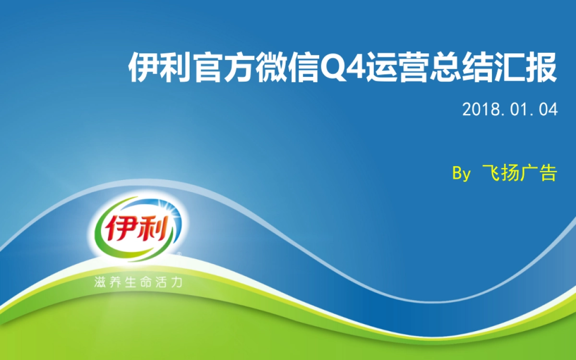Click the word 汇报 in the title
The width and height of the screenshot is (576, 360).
(x=526, y=69)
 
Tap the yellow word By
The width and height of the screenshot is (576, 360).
(x=461, y=173)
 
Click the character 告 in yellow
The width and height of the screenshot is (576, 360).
(x=548, y=173)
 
